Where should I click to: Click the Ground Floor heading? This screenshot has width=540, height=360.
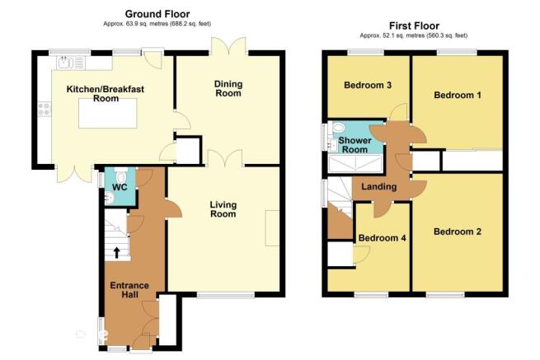(157, 14)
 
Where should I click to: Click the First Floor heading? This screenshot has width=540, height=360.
(414, 26)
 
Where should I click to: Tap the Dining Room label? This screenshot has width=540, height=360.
(228, 88)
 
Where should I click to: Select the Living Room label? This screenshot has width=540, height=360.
(223, 209)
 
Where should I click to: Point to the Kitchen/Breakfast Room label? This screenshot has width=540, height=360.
(106, 94)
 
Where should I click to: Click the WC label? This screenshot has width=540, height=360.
(120, 187)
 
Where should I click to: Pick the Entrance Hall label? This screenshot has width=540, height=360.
(129, 290)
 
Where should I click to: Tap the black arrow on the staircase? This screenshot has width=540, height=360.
(117, 252)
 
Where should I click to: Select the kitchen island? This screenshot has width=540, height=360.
(108, 113)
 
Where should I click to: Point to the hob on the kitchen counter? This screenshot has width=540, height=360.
(44, 109)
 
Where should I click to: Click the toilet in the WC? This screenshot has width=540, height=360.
(120, 175)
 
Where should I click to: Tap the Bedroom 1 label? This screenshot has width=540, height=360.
(458, 95)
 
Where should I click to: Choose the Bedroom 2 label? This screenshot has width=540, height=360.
(458, 231)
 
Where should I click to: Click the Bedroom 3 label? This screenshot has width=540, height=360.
(368, 85)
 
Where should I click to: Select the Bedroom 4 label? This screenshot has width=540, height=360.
(383, 238)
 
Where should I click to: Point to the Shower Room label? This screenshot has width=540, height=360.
(355, 145)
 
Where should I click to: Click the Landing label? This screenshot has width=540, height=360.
(379, 186)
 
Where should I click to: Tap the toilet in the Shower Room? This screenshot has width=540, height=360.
(337, 128)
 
